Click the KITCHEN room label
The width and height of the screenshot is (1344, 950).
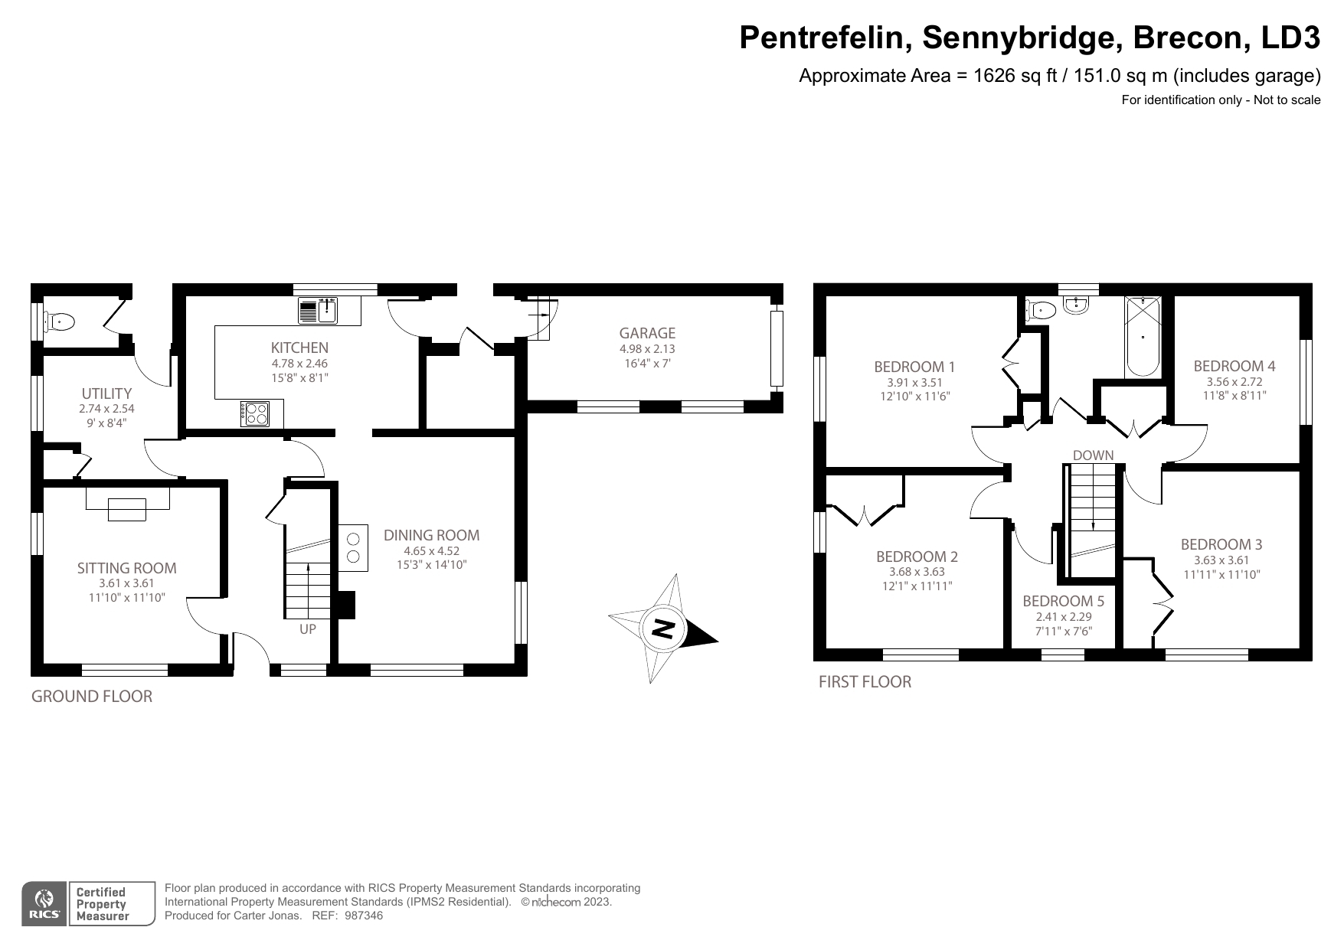(x=299, y=348)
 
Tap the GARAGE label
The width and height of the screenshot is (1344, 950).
(x=647, y=333)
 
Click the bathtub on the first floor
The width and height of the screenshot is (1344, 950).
(x=1143, y=337)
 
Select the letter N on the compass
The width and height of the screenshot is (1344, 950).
(x=663, y=629)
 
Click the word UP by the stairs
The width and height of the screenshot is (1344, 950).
(x=307, y=629)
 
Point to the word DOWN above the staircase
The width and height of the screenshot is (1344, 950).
(x=1093, y=455)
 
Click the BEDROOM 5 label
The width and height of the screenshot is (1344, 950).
(x=1063, y=601)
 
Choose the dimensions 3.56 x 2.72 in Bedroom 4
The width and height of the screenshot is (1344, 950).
(x=1234, y=381)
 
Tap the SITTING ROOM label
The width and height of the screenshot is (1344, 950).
(x=126, y=568)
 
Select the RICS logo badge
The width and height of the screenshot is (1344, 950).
(x=44, y=904)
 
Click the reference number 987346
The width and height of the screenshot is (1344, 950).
(x=364, y=916)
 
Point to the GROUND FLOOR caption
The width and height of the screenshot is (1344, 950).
(x=91, y=696)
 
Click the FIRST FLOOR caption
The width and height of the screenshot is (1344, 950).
(x=865, y=681)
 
